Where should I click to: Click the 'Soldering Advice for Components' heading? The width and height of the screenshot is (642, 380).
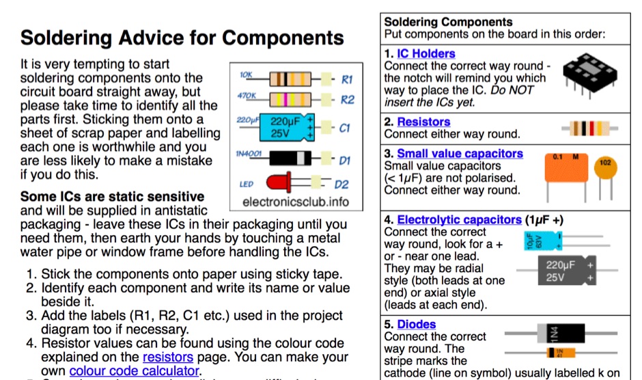tap(182, 37)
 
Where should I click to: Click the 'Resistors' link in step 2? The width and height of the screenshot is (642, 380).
tap(423, 122)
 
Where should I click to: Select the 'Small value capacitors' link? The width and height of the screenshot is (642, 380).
tap(460, 154)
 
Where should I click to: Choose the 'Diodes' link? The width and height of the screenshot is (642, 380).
tap(416, 325)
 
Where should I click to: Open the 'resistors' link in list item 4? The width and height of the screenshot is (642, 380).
tap(168, 357)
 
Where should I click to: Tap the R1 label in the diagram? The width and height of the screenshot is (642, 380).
tap(347, 80)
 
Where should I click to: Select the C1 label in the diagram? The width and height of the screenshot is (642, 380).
tap(345, 128)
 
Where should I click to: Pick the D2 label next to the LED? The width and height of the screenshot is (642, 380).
tap(341, 185)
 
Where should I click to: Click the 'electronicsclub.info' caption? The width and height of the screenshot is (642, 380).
tap(295, 202)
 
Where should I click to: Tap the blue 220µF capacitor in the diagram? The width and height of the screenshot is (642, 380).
tap(290, 128)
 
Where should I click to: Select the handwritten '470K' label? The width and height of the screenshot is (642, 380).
tap(247, 96)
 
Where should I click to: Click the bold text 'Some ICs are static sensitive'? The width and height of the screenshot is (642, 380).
tap(112, 197)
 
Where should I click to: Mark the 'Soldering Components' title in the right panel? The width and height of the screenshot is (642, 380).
tap(448, 22)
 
